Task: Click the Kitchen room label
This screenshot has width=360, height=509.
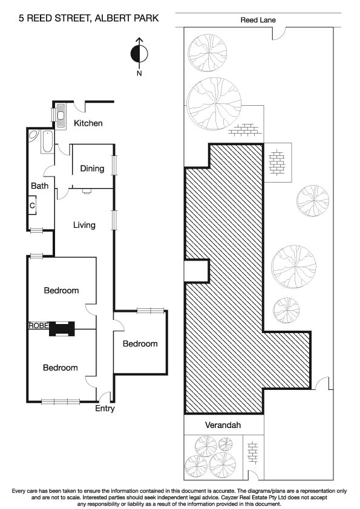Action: click(88, 123)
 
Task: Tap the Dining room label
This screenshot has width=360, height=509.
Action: click(92, 169)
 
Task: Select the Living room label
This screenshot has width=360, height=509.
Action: click(84, 225)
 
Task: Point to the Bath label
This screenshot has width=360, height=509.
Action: click(39, 186)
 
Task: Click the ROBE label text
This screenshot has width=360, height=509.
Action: click(37, 325)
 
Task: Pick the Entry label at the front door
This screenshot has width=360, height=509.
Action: click(105, 409)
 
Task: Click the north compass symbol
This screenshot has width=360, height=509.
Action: click(139, 53)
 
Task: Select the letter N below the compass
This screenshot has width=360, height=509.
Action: click(139, 74)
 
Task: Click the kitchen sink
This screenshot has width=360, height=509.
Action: click(62, 114)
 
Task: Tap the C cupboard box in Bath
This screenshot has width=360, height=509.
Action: click(32, 206)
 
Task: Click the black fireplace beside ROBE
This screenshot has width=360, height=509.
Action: click(61, 328)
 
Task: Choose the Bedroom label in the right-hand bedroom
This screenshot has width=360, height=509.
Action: click(140, 344)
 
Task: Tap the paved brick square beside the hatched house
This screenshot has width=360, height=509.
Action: click(278, 161)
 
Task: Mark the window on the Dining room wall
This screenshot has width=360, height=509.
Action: click(114, 165)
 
